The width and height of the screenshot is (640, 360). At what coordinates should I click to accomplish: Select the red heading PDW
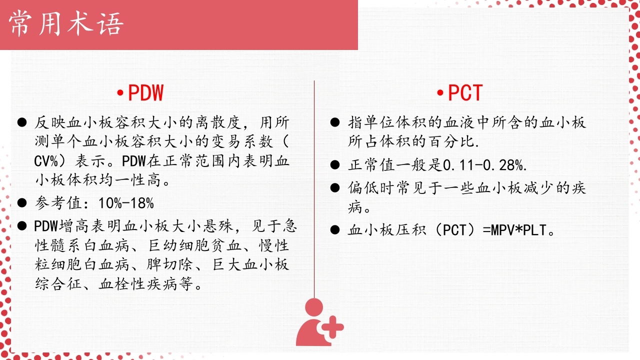145,93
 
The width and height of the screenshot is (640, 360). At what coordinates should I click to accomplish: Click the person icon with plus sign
319,322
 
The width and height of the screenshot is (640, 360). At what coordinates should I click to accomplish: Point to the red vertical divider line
314,190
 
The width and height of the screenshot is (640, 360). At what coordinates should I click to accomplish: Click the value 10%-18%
126,203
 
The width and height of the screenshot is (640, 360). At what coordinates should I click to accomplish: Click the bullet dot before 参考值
21,203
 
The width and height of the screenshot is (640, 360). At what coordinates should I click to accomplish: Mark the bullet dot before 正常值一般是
335,164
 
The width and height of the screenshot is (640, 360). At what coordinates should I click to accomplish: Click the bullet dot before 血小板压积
335,230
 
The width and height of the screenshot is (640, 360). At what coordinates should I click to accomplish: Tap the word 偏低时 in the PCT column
371,188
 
